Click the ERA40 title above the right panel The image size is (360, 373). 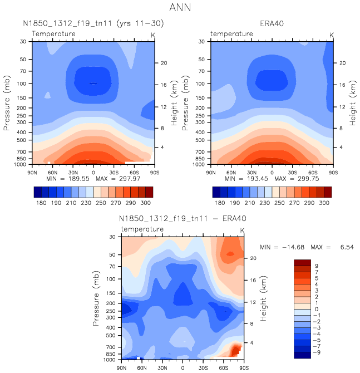click(272, 23)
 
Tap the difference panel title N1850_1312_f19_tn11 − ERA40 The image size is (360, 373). click(183, 219)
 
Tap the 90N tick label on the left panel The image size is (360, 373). click(32, 171)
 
